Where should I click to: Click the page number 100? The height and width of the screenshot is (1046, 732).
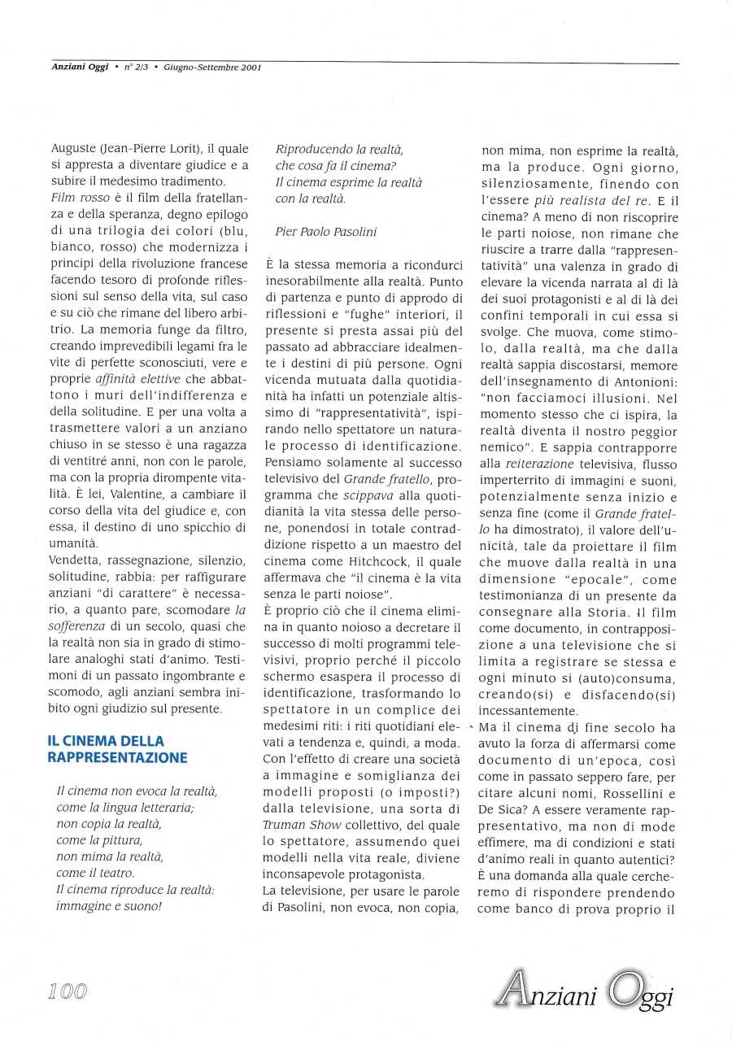[x=67, y=990]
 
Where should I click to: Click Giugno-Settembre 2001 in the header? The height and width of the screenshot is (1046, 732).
[x=211, y=68]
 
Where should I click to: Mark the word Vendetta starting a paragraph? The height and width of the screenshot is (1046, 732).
[x=75, y=560]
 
